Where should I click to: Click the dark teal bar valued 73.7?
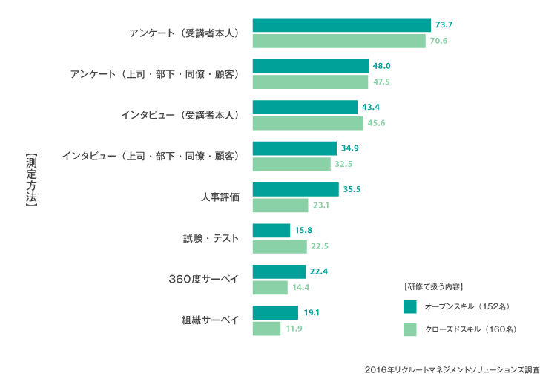341,25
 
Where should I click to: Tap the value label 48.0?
382,66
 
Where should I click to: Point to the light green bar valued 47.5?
310,82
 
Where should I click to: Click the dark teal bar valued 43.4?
305,108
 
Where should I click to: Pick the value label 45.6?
376,123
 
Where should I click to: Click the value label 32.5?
345,164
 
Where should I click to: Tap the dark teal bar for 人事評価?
295,189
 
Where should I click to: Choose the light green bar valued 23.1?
280,205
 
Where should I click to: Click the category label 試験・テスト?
211,238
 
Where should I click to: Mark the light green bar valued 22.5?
280,246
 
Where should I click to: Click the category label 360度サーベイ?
204,279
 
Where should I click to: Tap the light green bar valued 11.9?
267,328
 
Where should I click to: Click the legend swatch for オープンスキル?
409,306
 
